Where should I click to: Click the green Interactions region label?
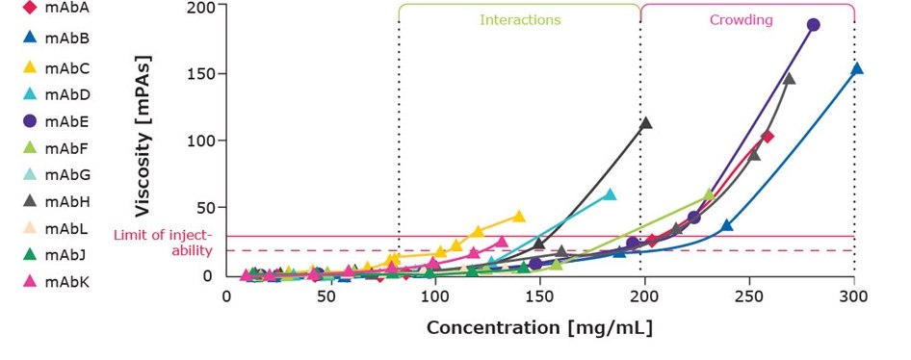pos(520,19)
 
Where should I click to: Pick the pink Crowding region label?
pos(746,19)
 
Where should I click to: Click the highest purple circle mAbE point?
pos(813,25)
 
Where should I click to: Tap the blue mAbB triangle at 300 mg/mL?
pos(856,68)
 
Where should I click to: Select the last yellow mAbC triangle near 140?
pos(519,216)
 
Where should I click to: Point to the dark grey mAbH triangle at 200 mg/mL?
pos(645,123)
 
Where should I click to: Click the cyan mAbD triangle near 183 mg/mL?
pos(609,194)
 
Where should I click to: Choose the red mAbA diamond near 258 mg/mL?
pos(768,137)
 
